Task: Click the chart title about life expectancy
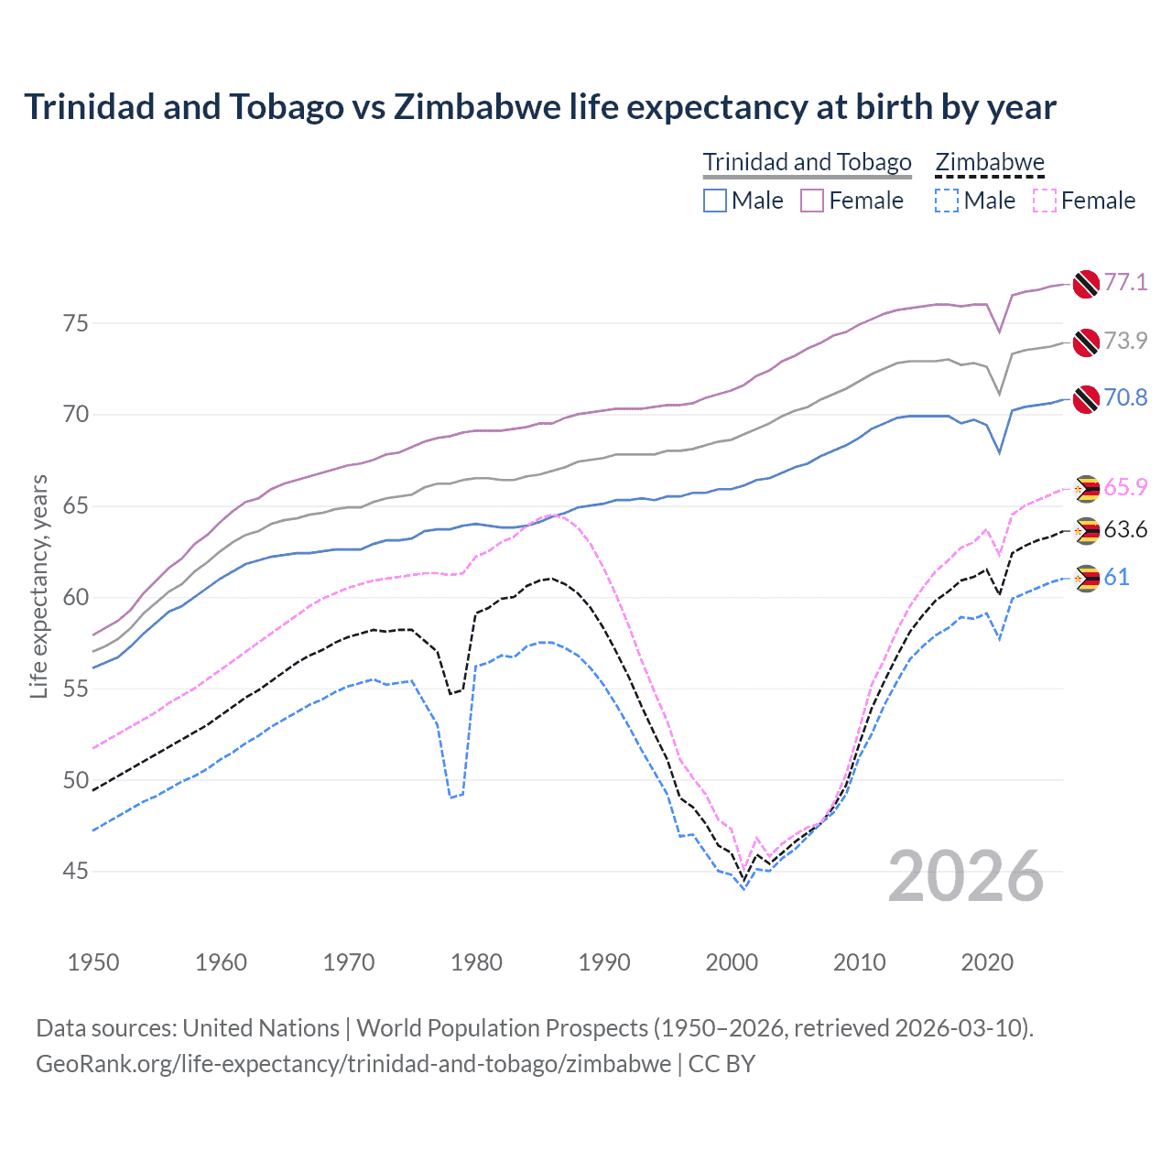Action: (540, 107)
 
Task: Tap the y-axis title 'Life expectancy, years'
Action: (38, 586)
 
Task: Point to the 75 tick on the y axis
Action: (76, 323)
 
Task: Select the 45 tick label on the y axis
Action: (76, 871)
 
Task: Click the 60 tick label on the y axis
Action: (76, 597)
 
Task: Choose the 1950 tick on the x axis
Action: (93, 962)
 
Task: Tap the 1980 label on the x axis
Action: (476, 962)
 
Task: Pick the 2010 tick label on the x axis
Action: (859, 962)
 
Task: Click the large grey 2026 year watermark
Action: (966, 876)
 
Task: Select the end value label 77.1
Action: (1125, 282)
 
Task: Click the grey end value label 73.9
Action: (1125, 341)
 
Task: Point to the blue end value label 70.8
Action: (1125, 397)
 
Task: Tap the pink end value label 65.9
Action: (1125, 487)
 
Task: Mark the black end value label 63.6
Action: (1125, 529)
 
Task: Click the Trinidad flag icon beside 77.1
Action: (1086, 284)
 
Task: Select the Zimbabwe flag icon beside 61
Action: (1086, 578)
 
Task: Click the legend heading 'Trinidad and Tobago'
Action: (807, 162)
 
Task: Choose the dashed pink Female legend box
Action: (1045, 201)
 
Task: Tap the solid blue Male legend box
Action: (715, 201)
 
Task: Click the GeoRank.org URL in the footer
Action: (353, 1064)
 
